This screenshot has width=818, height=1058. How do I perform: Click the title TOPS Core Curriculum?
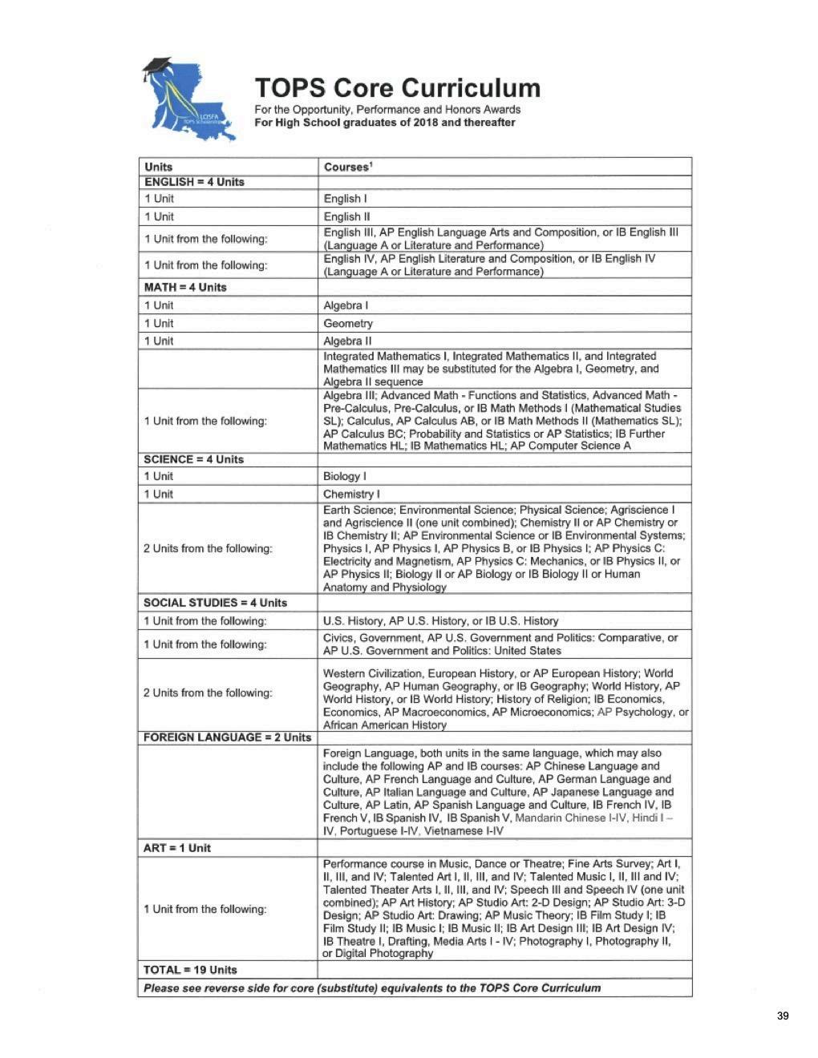pos(397,87)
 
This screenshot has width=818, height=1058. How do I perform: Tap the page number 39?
pos(783,1016)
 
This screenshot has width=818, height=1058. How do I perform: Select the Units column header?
pos(159,167)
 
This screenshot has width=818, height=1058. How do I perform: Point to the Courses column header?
pos(347,167)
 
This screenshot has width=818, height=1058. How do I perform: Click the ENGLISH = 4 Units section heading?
pos(194,182)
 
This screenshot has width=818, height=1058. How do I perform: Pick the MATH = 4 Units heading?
pos(185,287)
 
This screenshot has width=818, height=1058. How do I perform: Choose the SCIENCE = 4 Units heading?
pos(193,459)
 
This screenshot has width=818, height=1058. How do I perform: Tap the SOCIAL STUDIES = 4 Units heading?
pos(215,603)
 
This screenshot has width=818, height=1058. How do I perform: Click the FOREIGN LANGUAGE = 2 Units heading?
pos(227,737)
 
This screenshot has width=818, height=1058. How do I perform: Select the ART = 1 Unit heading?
pos(177,848)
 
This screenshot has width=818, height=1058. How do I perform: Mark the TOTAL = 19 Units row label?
pos(190,970)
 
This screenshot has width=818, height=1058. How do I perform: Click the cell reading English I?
pos(346,199)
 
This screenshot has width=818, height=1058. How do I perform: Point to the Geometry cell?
pos(348,324)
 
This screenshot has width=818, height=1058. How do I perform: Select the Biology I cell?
pos(346,476)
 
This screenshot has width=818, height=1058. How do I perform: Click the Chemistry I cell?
pos(351,494)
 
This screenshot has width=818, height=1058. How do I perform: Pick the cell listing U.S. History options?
pos(440,620)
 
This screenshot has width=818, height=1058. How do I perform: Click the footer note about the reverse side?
pos(372,987)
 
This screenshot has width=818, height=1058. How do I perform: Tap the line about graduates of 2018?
pos(385,123)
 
